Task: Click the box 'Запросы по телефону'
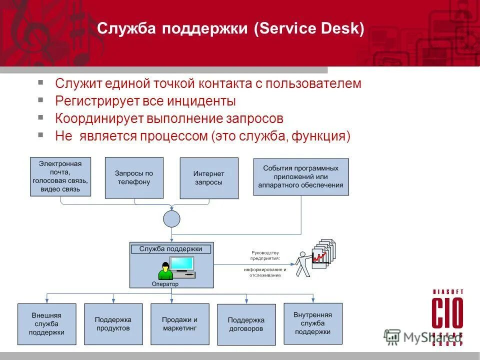[x=134, y=177]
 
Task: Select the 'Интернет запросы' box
[x=208, y=177]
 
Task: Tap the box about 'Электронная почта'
[x=60, y=177]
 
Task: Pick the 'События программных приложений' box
[x=300, y=177]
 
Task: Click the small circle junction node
[x=171, y=218]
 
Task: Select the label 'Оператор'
[x=164, y=284]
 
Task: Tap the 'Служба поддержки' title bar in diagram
[x=171, y=248]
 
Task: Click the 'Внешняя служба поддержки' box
[x=46, y=324]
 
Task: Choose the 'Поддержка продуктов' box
[x=113, y=324]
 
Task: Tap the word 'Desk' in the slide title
[x=343, y=28]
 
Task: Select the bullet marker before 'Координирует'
[x=41, y=117]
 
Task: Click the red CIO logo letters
[x=447, y=313]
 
